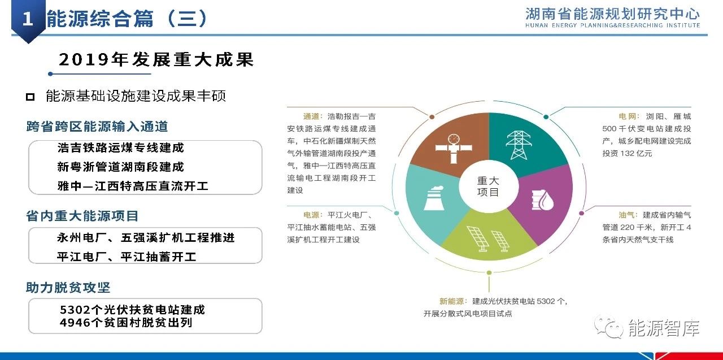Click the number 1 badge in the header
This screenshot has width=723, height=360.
coord(28,19)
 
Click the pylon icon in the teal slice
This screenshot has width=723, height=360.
coord(519,145)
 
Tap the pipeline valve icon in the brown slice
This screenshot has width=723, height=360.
coord(454,149)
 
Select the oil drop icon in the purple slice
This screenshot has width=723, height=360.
coord(542,200)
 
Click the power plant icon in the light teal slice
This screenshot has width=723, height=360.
coord(433,198)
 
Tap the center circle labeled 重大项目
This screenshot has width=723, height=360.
coord(489,186)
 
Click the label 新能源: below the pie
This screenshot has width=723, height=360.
coord(453,301)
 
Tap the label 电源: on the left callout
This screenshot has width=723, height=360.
coord(312,215)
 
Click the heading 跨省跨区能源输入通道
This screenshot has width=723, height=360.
coord(97,126)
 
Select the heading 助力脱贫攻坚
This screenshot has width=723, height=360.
coord(68,287)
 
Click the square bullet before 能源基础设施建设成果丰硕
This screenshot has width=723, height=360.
coord(31,97)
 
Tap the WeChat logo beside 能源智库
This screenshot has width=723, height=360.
coord(609,327)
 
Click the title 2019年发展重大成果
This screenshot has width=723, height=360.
coord(156,59)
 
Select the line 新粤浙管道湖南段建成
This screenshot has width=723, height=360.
coord(120,167)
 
